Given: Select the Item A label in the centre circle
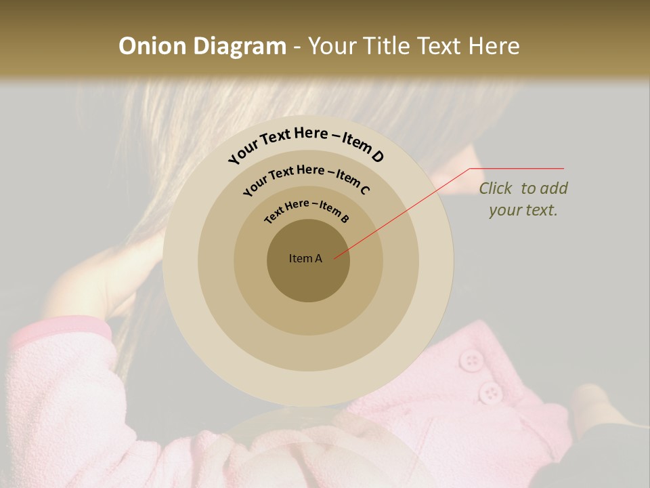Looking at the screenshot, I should (x=305, y=258).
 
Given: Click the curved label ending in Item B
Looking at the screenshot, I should (x=307, y=211).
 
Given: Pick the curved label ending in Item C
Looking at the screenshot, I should (x=307, y=179).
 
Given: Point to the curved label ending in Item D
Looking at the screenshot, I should (x=306, y=143).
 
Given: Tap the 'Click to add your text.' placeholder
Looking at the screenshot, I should (x=523, y=199).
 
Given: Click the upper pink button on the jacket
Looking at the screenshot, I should (x=470, y=359).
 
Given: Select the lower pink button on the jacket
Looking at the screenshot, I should (x=490, y=392).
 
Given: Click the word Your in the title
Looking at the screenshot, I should (x=334, y=46).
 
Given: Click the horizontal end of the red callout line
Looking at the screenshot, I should (x=518, y=168).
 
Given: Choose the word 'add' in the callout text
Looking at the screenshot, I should (x=554, y=188).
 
